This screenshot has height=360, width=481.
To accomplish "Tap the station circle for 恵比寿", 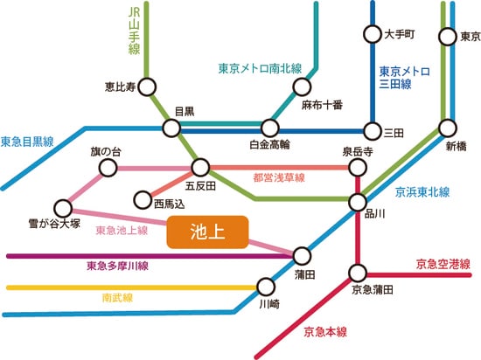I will point(146,87).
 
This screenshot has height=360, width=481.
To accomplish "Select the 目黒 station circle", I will point(170,128).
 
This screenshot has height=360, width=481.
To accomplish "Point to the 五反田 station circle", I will point(201,166).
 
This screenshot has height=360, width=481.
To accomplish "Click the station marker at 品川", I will point(358,202).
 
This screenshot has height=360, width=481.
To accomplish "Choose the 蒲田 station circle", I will point(302,255).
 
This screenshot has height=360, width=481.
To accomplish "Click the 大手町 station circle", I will point(371,36).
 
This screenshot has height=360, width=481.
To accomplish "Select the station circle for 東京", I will point(447,37).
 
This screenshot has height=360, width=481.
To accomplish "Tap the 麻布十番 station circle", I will point(303,87).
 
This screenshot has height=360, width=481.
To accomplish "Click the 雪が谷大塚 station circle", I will point(63,208).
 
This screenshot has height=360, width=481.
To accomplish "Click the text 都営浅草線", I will point(279,177).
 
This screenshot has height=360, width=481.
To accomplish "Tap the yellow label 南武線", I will point(117,297).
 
